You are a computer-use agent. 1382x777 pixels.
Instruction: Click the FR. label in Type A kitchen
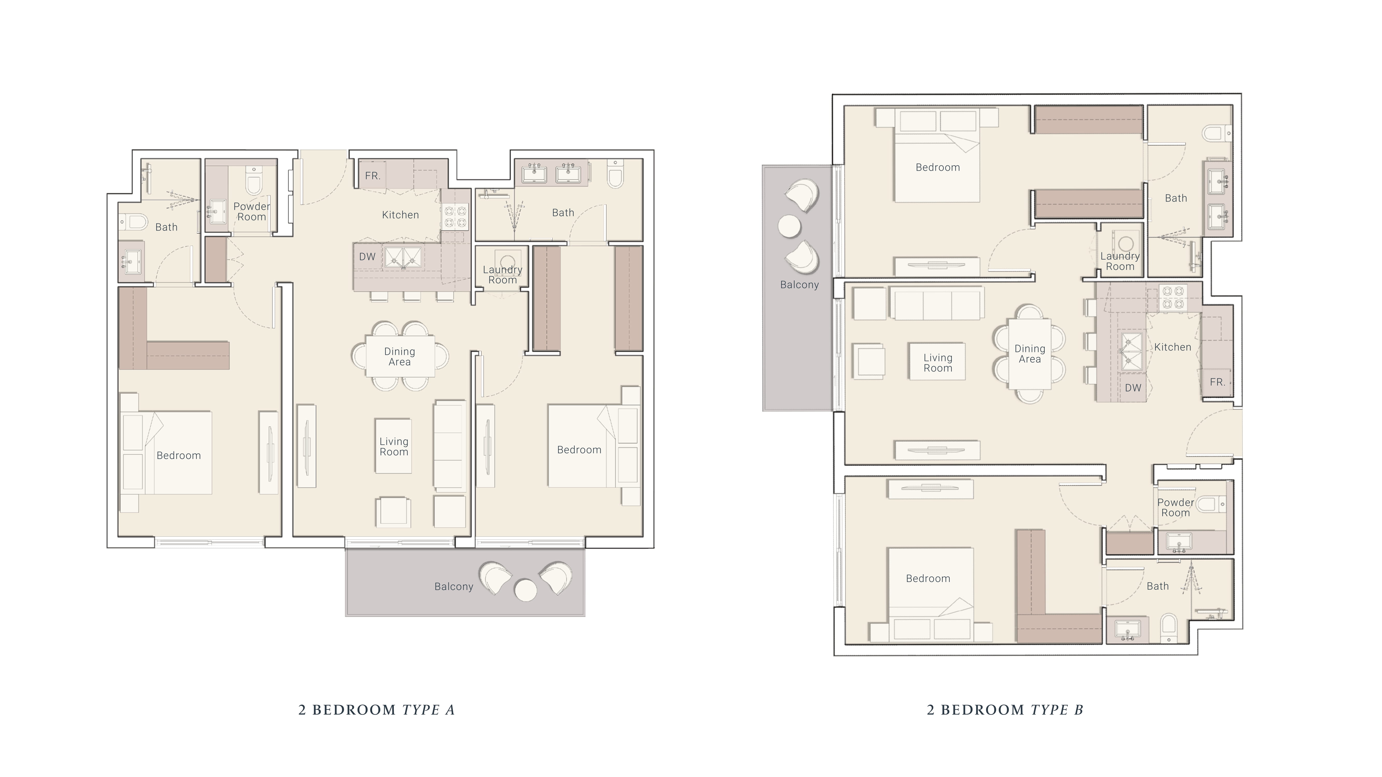click(372, 176)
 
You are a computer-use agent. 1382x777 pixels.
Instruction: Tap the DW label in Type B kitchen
click(1133, 388)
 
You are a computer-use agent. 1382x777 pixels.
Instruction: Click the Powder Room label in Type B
click(1176, 507)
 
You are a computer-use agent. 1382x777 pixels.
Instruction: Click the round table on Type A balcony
click(525, 591)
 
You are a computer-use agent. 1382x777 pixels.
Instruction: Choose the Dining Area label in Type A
click(400, 357)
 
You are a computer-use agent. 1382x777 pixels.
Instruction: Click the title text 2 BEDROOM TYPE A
click(377, 710)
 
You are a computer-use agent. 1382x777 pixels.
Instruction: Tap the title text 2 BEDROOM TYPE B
click(1005, 710)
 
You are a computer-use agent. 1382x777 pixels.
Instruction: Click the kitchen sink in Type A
click(403, 257)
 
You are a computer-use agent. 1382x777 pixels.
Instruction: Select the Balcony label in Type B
click(799, 285)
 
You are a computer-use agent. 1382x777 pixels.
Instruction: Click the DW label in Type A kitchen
click(367, 257)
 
